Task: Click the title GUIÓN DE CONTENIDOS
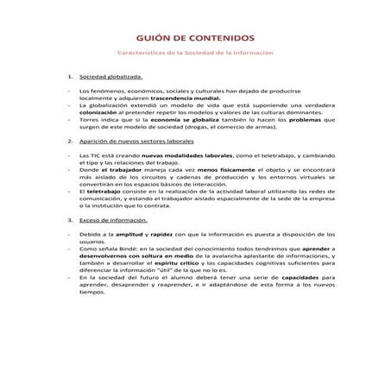[196, 39]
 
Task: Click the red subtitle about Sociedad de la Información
[195, 53]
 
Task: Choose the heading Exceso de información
[114, 220]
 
